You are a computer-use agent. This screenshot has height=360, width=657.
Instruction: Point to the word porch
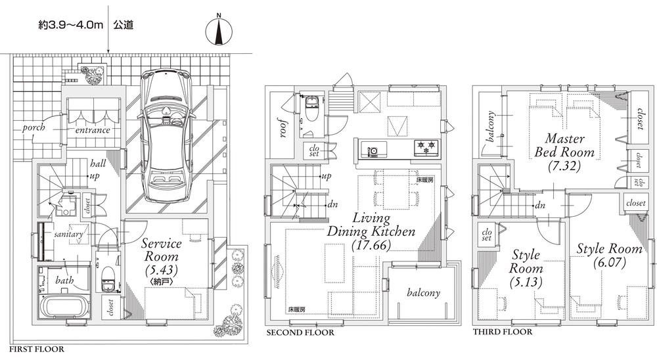(34, 127)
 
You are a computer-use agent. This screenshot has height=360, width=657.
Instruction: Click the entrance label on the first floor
(92, 130)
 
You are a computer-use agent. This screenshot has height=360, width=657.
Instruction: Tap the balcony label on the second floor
(422, 293)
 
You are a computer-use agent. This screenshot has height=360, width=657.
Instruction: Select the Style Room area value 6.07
(609, 262)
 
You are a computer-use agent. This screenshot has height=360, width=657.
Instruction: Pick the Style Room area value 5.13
(525, 283)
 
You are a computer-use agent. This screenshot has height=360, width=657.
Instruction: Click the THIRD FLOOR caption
(502, 332)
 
